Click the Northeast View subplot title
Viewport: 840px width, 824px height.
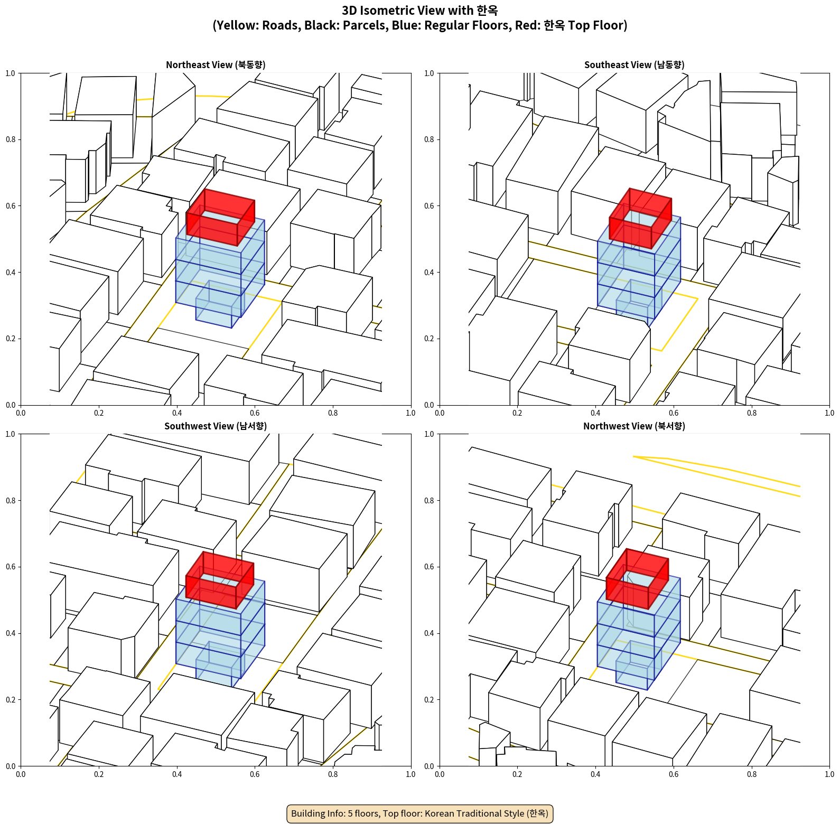[216, 65]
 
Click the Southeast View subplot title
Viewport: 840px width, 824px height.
[634, 65]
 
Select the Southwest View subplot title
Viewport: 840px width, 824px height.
[216, 426]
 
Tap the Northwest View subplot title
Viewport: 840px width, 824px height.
[634, 426]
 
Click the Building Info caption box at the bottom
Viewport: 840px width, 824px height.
[420, 813]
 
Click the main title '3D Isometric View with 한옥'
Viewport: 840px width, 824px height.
[420, 11]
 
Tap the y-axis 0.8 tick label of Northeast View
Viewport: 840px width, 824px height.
[11, 139]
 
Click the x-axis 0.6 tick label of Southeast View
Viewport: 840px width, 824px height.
[674, 413]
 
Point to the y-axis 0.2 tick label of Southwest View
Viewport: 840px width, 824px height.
[11, 700]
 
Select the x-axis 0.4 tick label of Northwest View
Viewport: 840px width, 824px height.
[595, 774]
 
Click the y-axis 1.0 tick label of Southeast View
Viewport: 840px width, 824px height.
[429, 73]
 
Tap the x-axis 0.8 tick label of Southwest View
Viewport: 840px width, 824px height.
[333, 774]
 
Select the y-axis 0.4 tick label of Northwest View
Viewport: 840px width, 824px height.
[429, 633]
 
